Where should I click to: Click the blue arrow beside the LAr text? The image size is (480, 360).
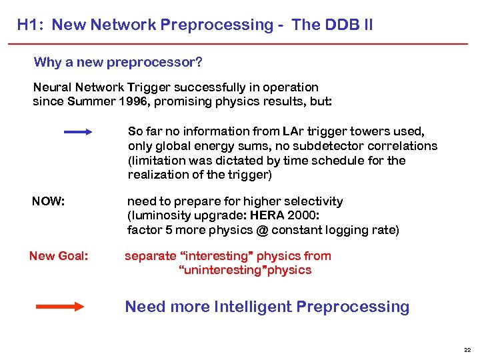(x=78, y=132)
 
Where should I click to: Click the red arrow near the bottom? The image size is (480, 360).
(x=59, y=307)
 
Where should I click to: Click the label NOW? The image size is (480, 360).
(x=49, y=201)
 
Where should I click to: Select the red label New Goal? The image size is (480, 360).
(x=58, y=256)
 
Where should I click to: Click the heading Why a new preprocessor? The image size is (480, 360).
(x=118, y=63)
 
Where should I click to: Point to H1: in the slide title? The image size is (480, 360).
(x=31, y=25)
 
